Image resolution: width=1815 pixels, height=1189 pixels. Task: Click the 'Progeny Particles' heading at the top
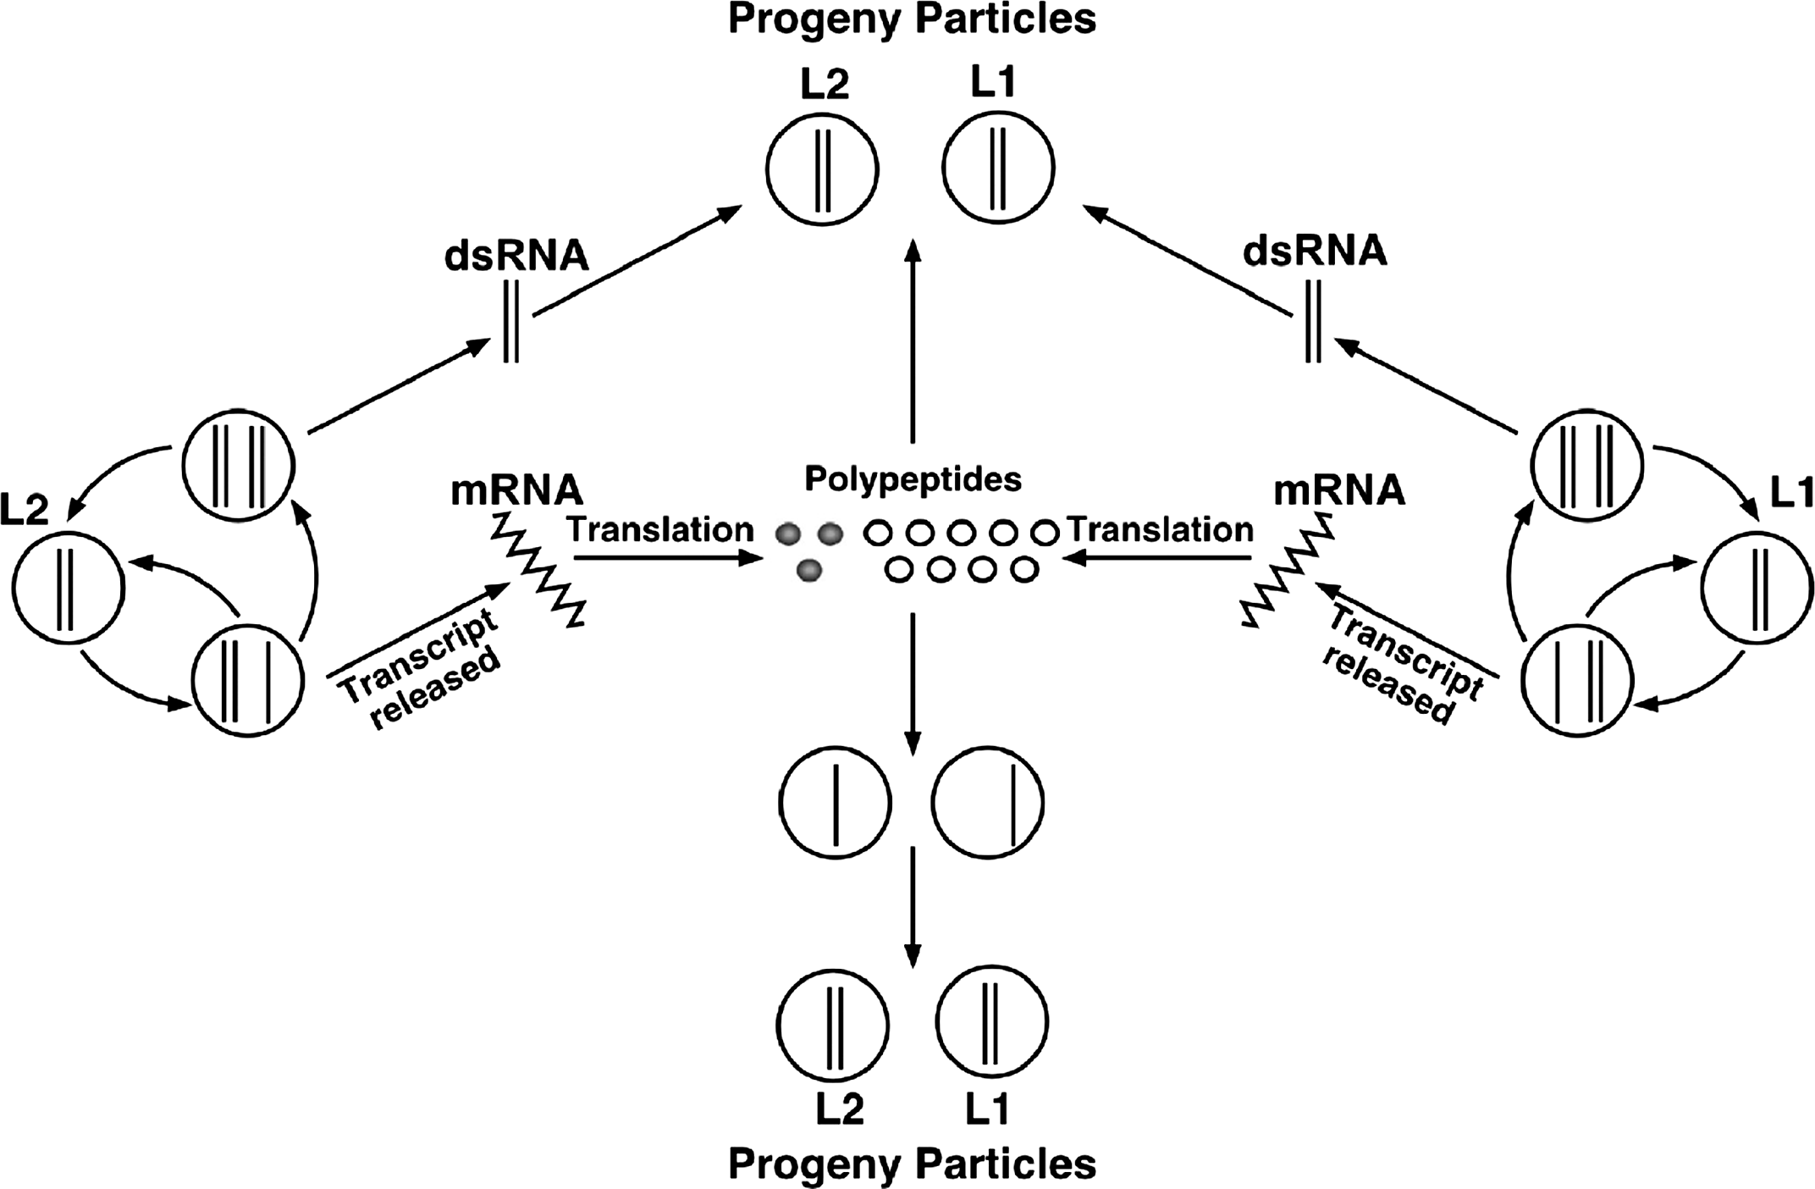point(912,19)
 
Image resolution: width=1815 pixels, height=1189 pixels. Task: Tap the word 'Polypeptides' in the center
point(913,479)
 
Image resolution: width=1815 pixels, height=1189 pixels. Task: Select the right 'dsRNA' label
point(1315,252)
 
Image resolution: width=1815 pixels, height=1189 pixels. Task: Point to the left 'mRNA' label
point(516,490)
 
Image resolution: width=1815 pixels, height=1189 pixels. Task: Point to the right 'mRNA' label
point(1339,490)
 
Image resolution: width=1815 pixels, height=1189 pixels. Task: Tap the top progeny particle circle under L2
point(822,169)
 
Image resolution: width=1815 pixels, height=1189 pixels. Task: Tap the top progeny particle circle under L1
point(998,167)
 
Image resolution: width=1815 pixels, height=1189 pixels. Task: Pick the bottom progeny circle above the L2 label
point(833,1024)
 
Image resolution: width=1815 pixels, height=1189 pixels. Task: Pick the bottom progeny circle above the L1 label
point(992,1021)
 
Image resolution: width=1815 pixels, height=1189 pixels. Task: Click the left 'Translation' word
point(660,529)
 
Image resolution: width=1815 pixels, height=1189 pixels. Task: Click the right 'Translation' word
point(1161,529)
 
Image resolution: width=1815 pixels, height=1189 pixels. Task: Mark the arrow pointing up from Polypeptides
point(913,339)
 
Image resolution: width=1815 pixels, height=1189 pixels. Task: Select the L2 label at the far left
point(25,510)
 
